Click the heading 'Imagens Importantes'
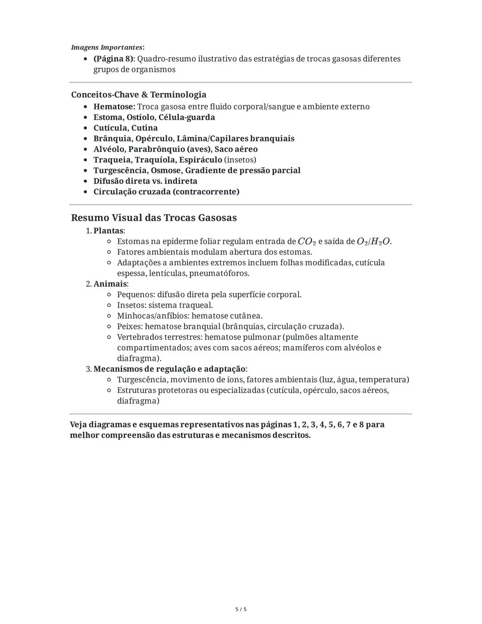point(107,47)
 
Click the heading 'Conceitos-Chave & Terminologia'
point(138,95)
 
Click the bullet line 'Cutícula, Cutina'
point(125,128)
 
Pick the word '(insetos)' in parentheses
point(240,160)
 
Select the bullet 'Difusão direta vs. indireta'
point(145,181)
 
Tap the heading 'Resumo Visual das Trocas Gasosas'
point(154,218)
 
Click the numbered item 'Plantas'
point(108,231)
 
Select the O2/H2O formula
point(374,242)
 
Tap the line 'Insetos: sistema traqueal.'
point(165,306)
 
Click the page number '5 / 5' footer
point(241,609)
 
